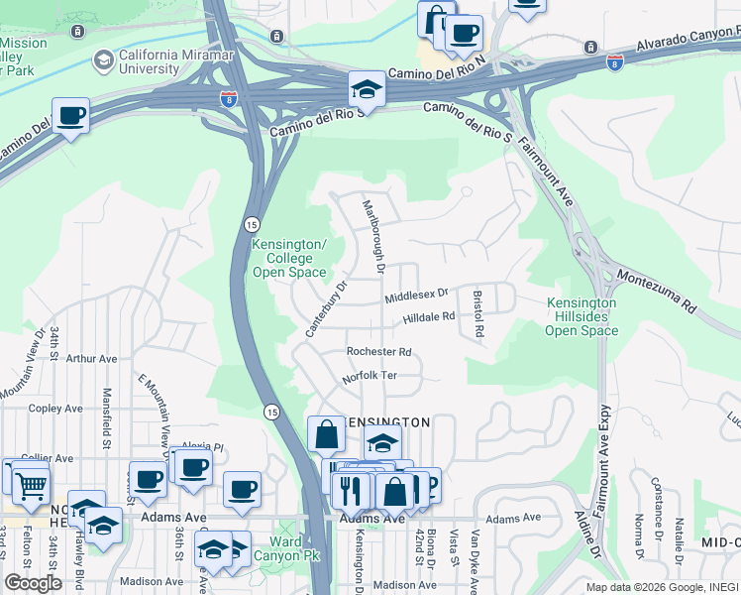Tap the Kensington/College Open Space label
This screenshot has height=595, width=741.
click(x=288, y=258)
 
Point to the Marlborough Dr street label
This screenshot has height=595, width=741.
click(x=373, y=236)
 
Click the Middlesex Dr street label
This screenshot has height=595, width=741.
click(x=416, y=295)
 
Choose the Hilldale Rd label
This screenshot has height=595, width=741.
click(x=428, y=317)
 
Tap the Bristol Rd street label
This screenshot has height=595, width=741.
click(x=477, y=314)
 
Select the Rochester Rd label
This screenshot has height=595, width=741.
click(x=378, y=352)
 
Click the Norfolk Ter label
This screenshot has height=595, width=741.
click(x=370, y=377)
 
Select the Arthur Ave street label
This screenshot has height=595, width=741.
click(x=92, y=359)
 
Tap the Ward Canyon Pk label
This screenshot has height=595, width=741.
click(x=285, y=548)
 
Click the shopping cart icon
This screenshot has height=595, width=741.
click(x=31, y=485)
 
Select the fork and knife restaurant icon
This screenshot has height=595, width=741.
click(x=350, y=490)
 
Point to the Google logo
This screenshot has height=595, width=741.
click(x=34, y=583)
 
